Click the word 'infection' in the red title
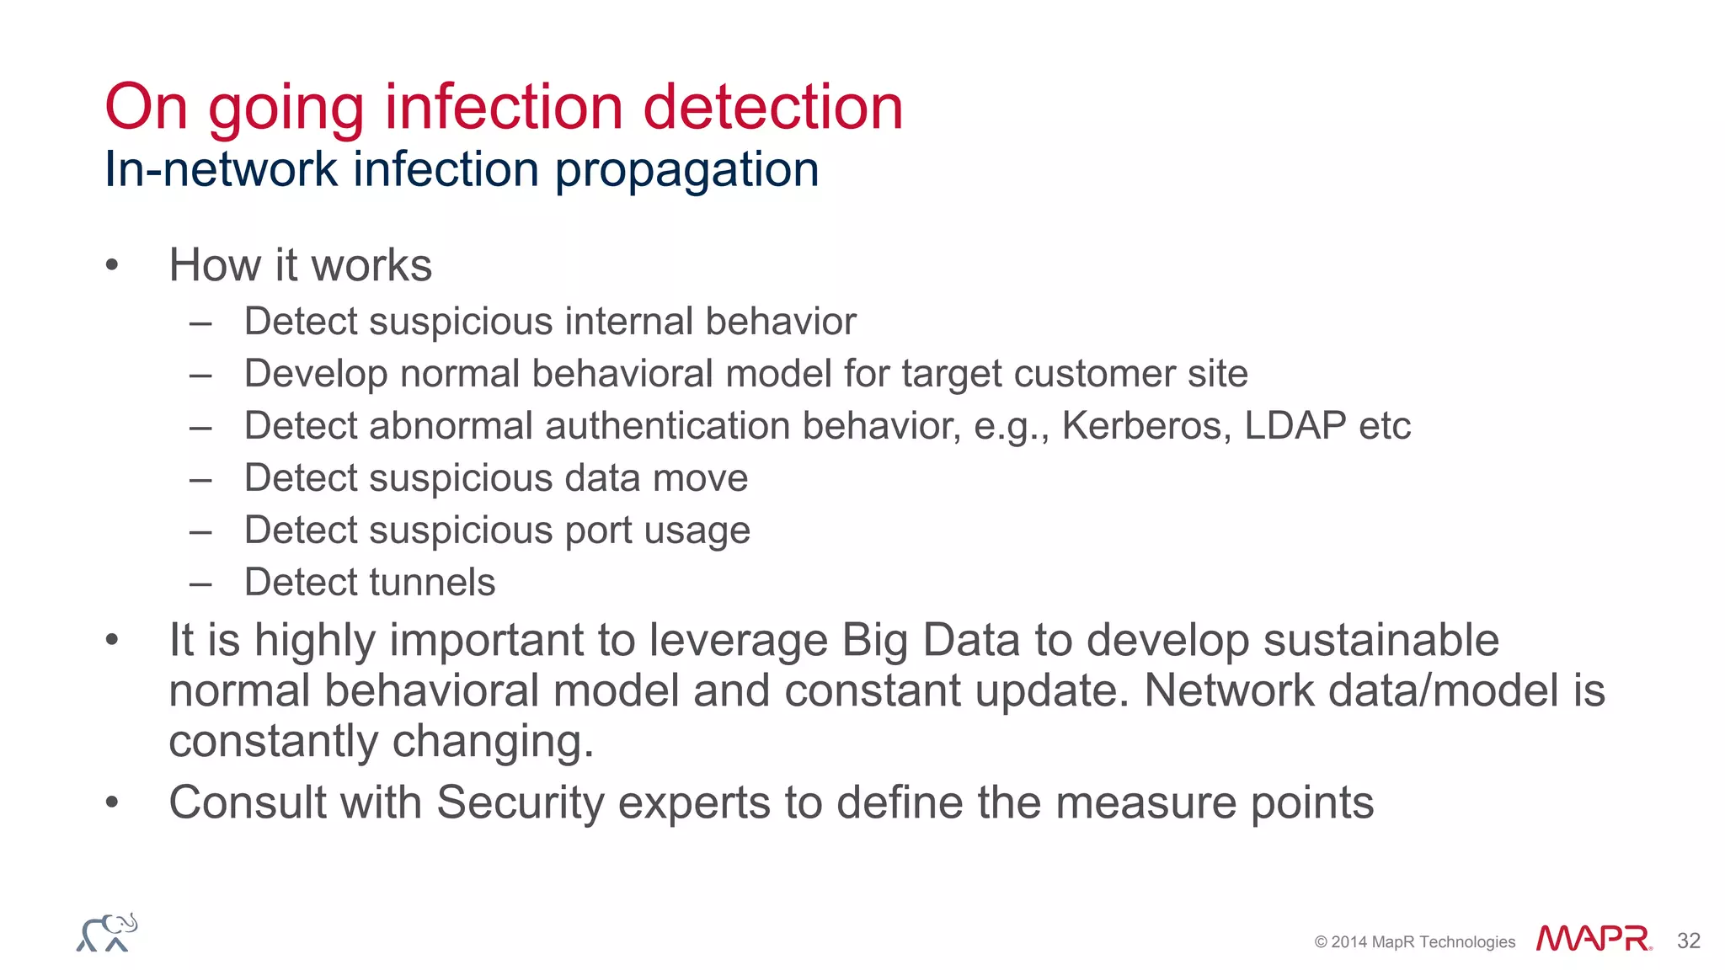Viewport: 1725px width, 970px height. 504,107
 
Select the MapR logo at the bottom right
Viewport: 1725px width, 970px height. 1593,938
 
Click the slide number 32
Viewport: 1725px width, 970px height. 1688,941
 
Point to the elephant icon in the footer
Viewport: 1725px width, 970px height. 107,933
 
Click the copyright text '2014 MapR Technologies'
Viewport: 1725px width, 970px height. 1422,941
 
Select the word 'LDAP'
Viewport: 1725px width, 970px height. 1295,426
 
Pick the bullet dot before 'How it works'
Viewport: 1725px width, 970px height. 112,266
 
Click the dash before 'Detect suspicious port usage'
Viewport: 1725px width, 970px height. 200,531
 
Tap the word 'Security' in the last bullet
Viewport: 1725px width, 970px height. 520,802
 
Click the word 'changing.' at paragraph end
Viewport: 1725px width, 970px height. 493,742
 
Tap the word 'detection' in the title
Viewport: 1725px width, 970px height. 772,107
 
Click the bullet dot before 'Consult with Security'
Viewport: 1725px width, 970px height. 112,802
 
